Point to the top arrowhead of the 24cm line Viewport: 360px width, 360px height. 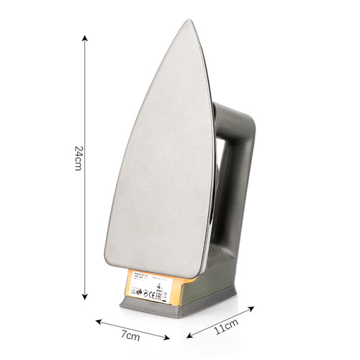click(x=86, y=36)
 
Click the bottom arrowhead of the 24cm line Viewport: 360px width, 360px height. click(x=86, y=297)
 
